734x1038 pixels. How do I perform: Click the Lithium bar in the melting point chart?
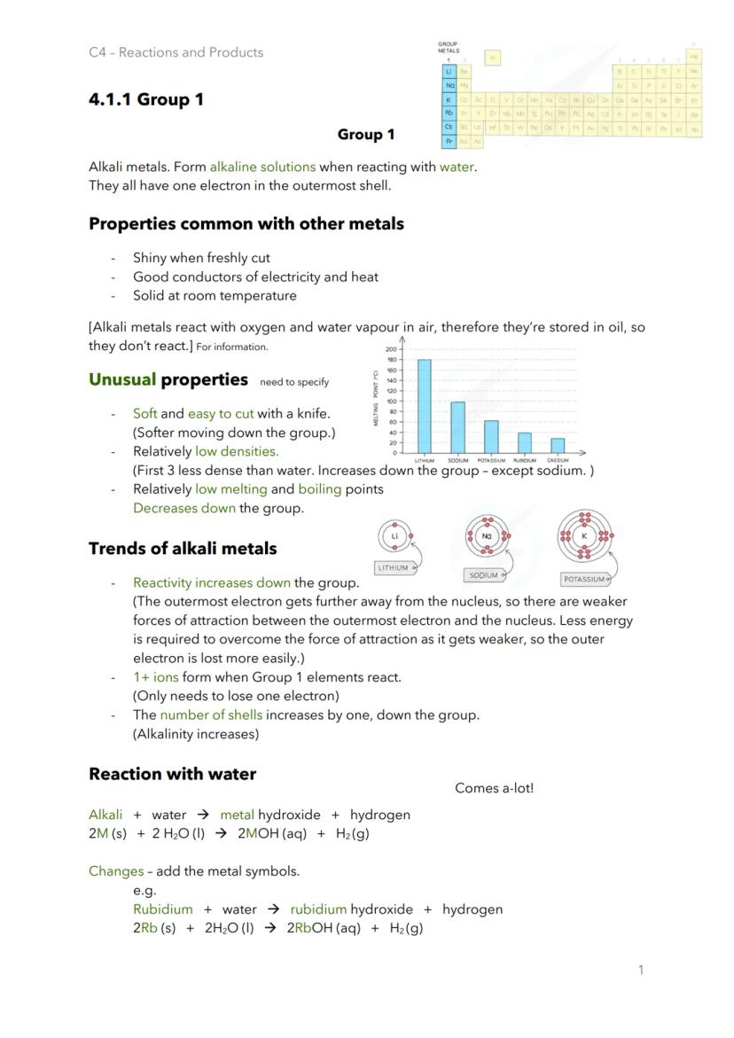425,406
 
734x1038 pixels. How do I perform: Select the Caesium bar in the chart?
558,445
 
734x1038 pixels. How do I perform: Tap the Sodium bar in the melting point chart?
458,427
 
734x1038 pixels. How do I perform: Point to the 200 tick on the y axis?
391,349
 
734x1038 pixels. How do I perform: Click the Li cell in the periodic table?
449,71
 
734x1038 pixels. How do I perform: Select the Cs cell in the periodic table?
449,127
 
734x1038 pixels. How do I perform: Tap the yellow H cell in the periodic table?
493,58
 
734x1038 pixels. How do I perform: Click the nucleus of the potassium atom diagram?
584,536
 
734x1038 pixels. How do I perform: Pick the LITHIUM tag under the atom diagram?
394,567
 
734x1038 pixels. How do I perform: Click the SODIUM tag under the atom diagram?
484,575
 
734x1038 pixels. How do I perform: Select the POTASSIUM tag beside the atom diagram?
585,579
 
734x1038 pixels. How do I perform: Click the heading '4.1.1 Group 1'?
146,99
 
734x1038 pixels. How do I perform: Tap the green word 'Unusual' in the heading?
121,379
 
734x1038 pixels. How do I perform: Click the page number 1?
641,970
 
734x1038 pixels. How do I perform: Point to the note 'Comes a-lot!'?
494,788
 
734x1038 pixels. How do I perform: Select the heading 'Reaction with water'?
172,774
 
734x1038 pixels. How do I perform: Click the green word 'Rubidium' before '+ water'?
162,909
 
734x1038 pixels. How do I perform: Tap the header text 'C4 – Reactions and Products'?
176,52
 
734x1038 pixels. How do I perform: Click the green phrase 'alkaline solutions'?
262,167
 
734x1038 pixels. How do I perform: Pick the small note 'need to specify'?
294,382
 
